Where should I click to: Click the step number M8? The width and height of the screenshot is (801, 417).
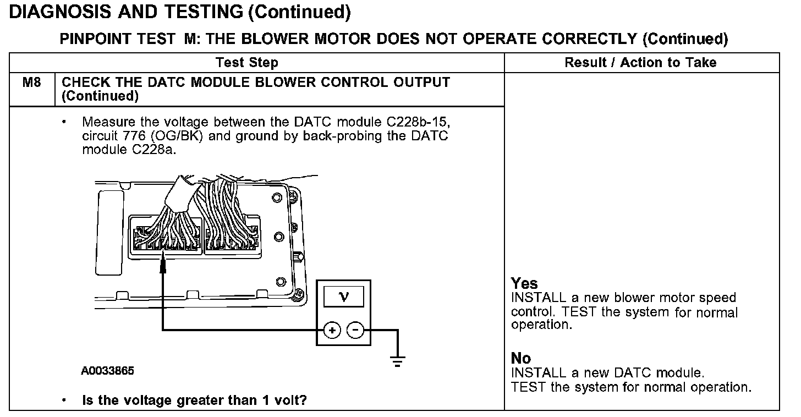tap(31, 83)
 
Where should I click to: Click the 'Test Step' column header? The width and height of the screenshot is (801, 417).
tap(247, 63)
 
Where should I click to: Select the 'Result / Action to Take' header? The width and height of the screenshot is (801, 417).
tap(640, 63)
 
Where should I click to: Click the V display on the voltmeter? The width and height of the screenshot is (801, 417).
tap(344, 298)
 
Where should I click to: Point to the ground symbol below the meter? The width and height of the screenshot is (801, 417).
tap(397, 361)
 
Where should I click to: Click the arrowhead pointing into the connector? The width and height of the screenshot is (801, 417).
tap(163, 265)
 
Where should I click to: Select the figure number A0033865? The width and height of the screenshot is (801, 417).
tap(108, 371)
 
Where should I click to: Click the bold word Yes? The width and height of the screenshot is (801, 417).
tap(524, 284)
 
